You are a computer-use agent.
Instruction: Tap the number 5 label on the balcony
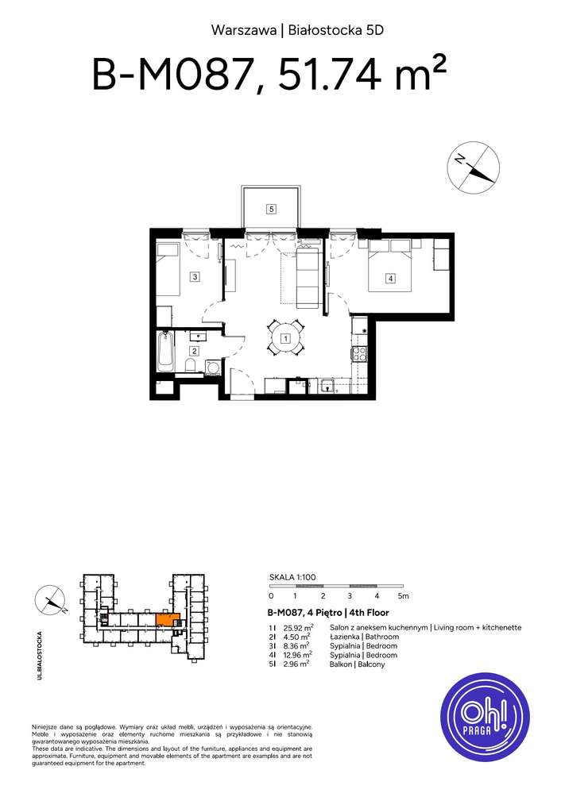point(271,210)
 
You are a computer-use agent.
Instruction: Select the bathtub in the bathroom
point(165,352)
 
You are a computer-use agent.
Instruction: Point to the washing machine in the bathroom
point(212,367)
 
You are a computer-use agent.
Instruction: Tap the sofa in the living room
point(307,278)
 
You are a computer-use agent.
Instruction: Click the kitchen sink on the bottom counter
point(327,387)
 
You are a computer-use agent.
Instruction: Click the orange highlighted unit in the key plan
point(167,619)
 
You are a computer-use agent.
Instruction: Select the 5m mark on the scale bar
point(404,595)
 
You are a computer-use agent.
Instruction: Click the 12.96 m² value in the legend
point(297,655)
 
